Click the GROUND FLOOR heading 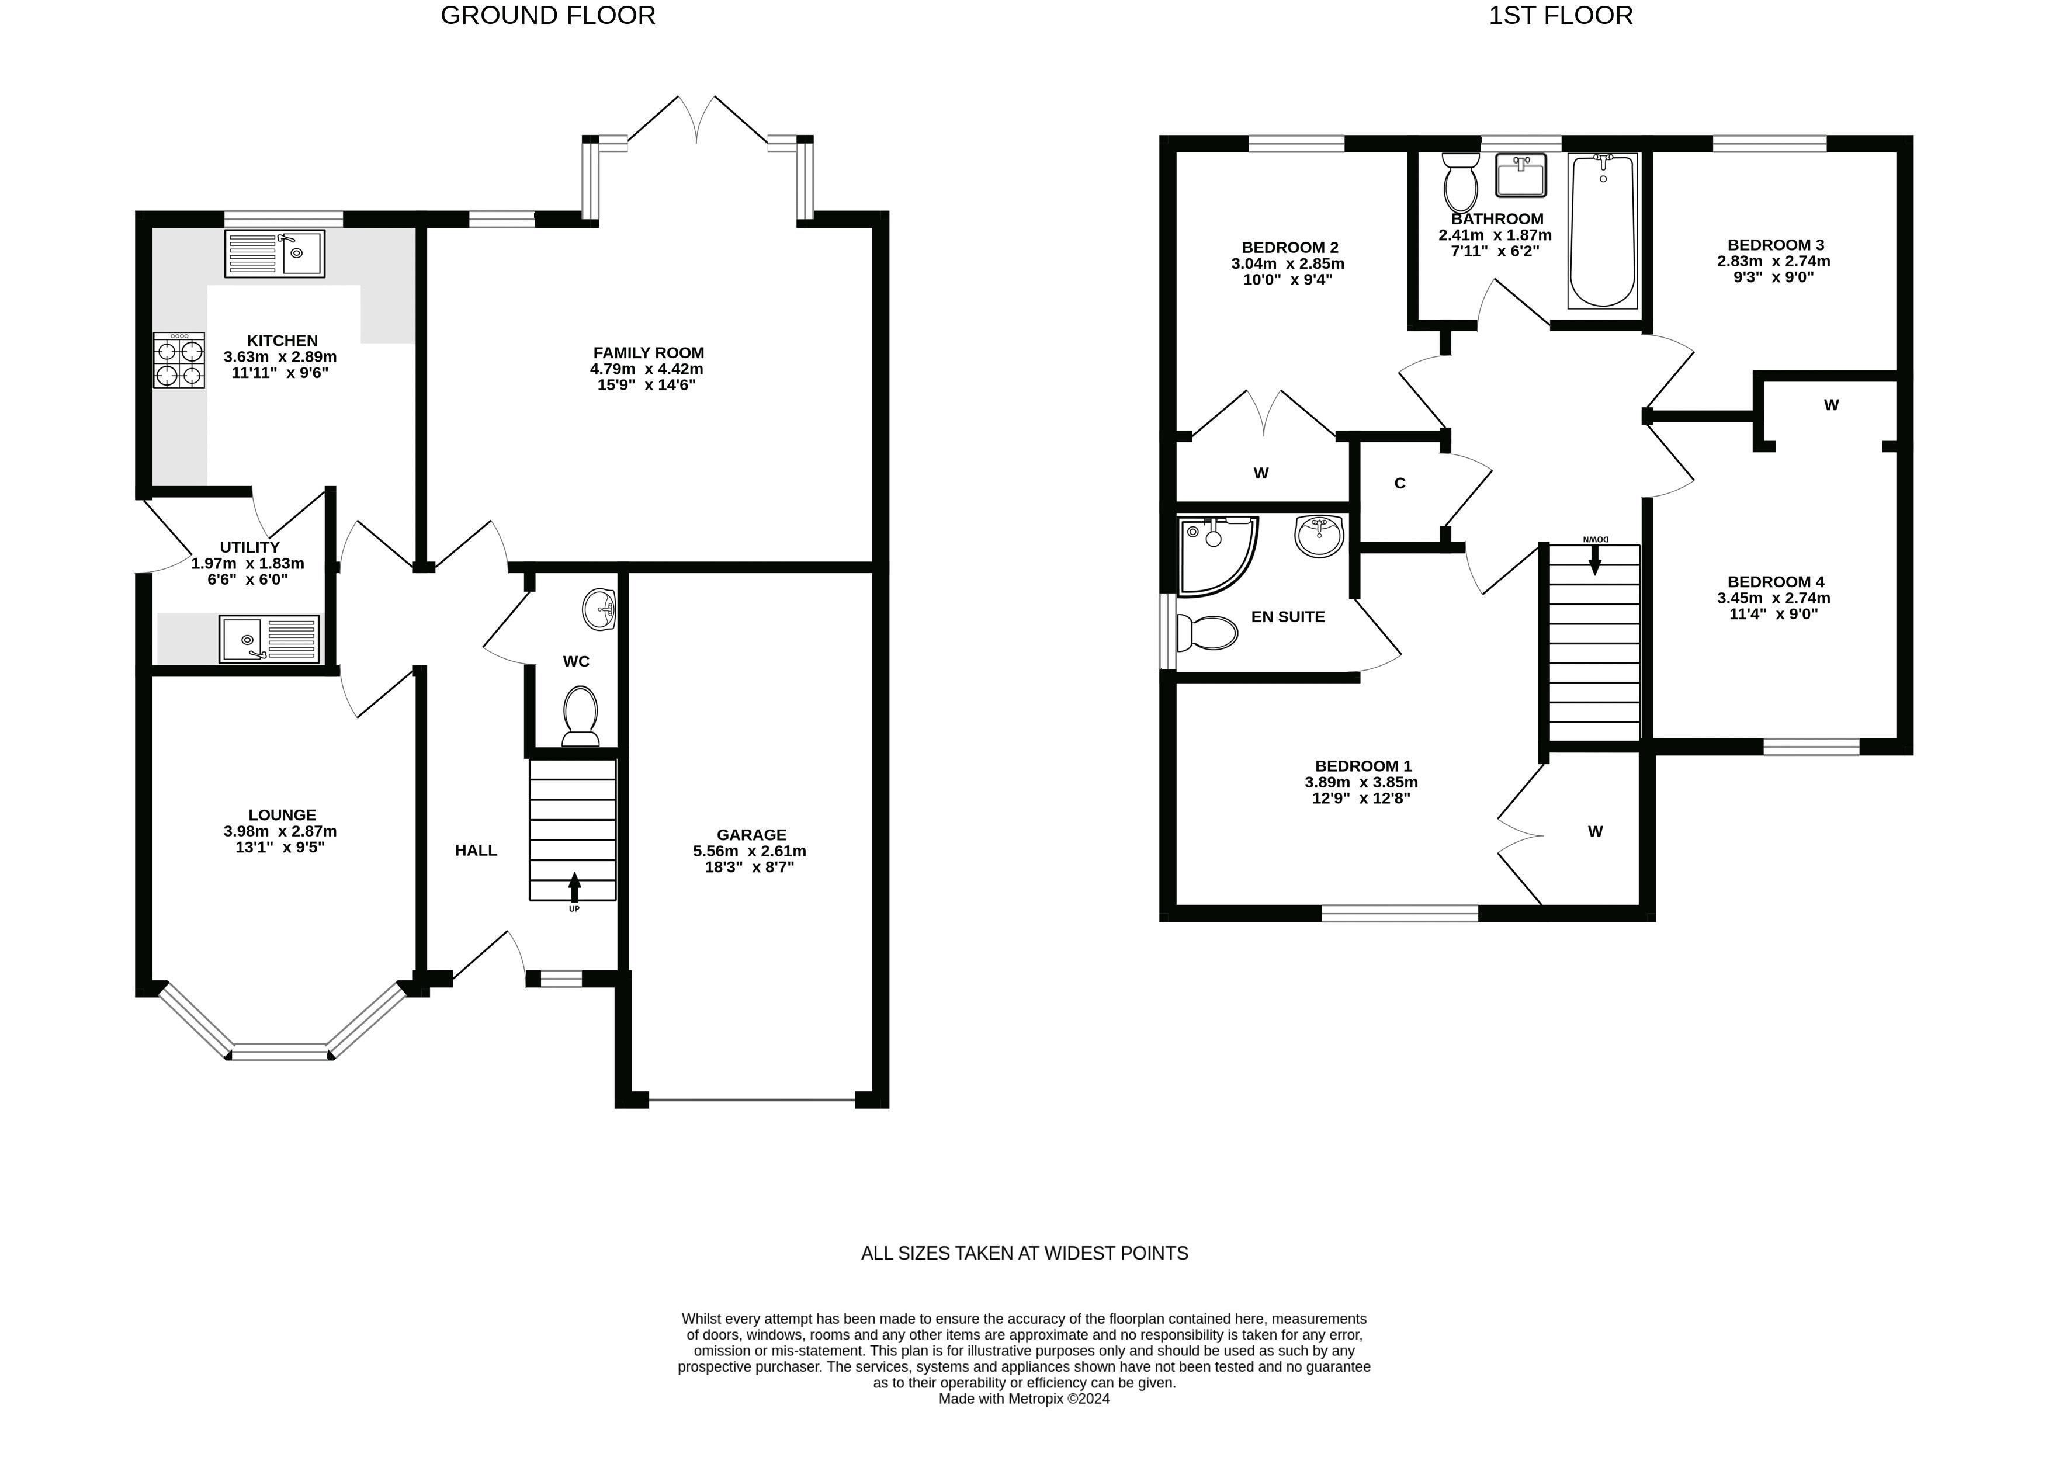click(x=547, y=15)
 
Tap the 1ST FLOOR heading click(x=1560, y=15)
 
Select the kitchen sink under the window click(x=275, y=253)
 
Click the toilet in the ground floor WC click(x=580, y=716)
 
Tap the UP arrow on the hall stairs click(x=574, y=887)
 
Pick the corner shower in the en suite click(x=1216, y=555)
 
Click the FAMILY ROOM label click(x=649, y=352)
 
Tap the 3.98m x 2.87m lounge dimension click(x=280, y=831)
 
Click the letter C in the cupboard click(x=1399, y=483)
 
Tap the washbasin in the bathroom click(x=1521, y=175)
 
